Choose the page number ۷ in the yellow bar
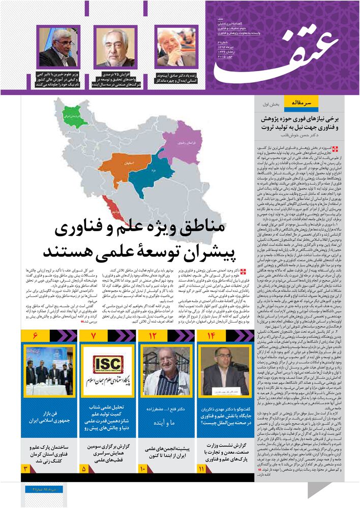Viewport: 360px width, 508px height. [93, 336]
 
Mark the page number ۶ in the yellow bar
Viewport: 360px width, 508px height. [35, 336]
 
